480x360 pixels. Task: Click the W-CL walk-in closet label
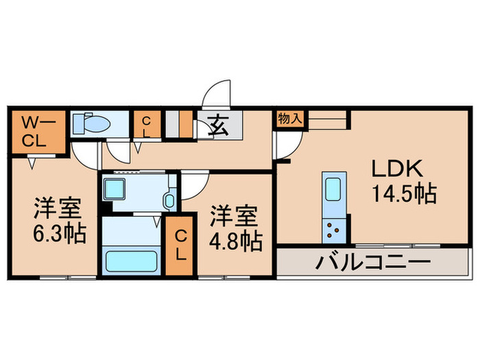click(32, 132)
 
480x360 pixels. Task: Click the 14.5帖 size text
click(404, 194)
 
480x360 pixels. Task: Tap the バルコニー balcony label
click(373, 263)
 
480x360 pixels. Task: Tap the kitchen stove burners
click(333, 230)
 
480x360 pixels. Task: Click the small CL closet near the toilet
click(145, 127)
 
